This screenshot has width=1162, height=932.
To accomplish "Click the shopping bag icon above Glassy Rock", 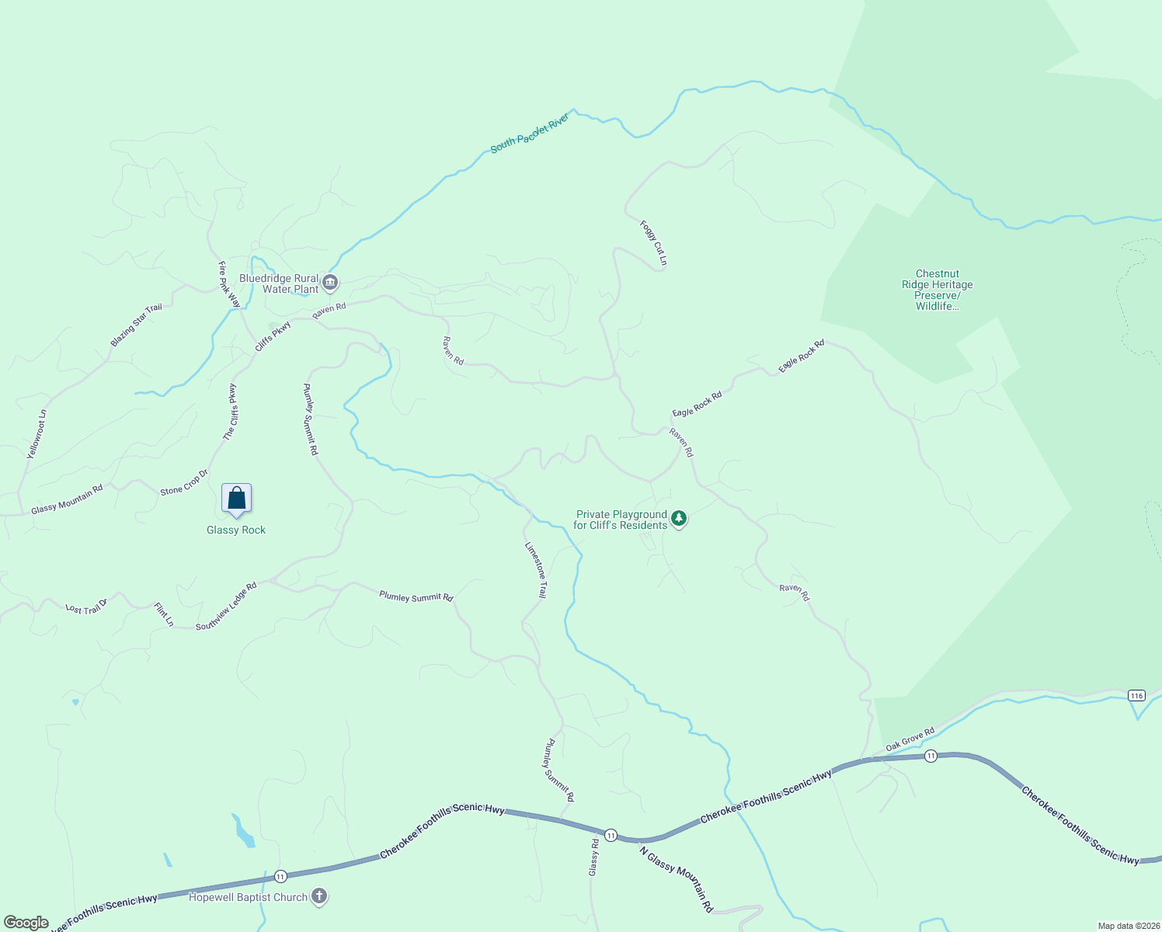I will (237, 499).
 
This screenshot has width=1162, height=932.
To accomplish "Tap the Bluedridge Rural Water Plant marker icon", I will (330, 282).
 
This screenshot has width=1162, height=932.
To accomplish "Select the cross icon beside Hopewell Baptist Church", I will (318, 896).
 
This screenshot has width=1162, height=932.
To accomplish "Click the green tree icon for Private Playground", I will (679, 518).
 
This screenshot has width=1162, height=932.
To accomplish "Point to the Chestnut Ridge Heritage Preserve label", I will (938, 290).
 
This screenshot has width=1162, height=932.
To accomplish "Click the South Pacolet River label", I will (530, 133).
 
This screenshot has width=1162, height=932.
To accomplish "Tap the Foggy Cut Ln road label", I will (653, 243).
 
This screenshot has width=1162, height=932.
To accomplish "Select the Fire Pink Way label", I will (229, 284).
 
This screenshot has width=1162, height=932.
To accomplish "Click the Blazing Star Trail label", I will (137, 325).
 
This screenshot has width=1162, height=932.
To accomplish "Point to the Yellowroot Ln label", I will (37, 433).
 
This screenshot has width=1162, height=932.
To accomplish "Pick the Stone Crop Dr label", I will (185, 482).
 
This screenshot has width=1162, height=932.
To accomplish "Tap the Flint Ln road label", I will (164, 614).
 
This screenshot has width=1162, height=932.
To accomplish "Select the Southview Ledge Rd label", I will (226, 607).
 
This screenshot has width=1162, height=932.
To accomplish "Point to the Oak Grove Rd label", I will (910, 739).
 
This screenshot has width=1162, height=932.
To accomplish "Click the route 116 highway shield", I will (1137, 695).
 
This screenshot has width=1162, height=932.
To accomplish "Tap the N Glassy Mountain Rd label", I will (677, 879).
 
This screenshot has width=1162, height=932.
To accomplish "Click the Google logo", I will (26, 923).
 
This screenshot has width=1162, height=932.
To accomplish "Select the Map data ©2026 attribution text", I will (1128, 926).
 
